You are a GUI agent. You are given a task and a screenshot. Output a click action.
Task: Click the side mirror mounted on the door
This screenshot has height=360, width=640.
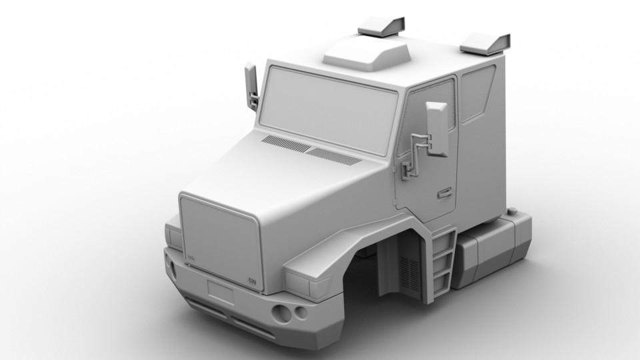click(437, 129)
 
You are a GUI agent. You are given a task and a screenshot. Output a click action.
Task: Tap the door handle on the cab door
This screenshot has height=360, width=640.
click(444, 194)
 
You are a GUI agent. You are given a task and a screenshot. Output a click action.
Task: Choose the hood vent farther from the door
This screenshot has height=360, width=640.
click(286, 143)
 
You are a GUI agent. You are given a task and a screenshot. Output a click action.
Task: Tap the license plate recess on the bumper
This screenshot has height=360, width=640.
click(220, 292)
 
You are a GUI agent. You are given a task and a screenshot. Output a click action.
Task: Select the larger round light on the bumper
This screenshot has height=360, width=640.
click(281, 313)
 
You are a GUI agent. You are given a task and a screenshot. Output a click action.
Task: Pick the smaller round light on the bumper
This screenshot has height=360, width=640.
click(301, 311)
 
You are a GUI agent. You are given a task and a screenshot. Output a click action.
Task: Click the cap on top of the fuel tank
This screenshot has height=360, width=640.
click(515, 212)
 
